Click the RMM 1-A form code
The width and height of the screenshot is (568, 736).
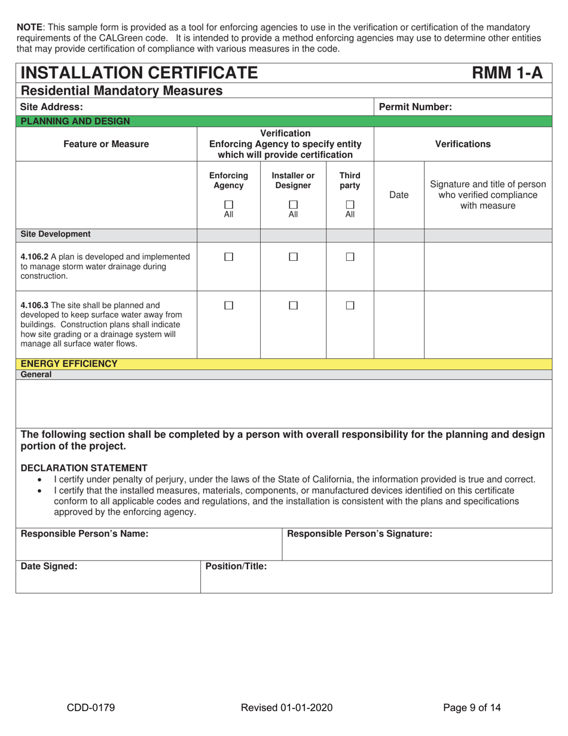(x=507, y=73)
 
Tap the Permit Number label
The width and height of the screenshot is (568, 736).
(x=416, y=107)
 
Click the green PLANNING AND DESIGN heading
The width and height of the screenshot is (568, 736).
(x=75, y=121)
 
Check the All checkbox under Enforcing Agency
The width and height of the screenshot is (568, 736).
(x=228, y=205)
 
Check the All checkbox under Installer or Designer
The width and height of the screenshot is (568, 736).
(x=293, y=205)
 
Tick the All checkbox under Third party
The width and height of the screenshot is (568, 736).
(x=350, y=205)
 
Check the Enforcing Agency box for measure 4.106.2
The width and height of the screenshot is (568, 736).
(x=228, y=257)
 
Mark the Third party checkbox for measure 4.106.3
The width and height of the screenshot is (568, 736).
(x=350, y=305)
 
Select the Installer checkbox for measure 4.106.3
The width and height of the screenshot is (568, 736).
(x=293, y=305)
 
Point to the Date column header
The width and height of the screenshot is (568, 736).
(x=399, y=195)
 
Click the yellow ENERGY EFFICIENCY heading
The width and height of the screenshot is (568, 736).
(x=69, y=363)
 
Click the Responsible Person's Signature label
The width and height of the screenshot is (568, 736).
(x=359, y=534)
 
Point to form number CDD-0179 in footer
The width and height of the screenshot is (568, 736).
(x=90, y=708)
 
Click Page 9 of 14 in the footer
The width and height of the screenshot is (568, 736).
(x=472, y=708)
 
